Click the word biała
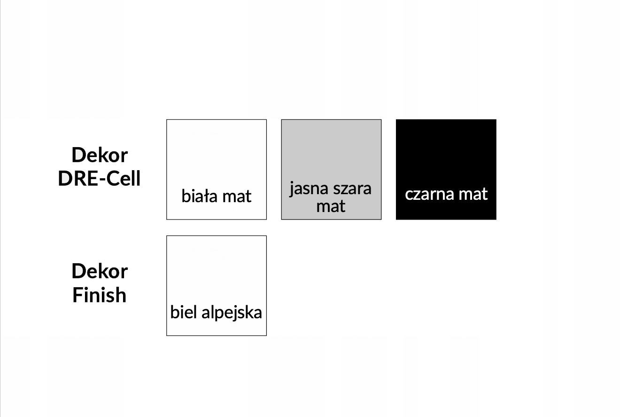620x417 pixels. [x=200, y=196]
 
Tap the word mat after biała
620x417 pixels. [x=237, y=196]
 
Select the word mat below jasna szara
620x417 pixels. [x=331, y=206]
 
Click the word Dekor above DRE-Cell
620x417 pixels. [x=100, y=155]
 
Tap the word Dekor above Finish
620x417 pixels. [x=100, y=271]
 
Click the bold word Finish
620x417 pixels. [x=100, y=295]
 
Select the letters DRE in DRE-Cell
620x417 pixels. [x=77, y=179]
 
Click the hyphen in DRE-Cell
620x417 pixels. [x=99, y=180]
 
